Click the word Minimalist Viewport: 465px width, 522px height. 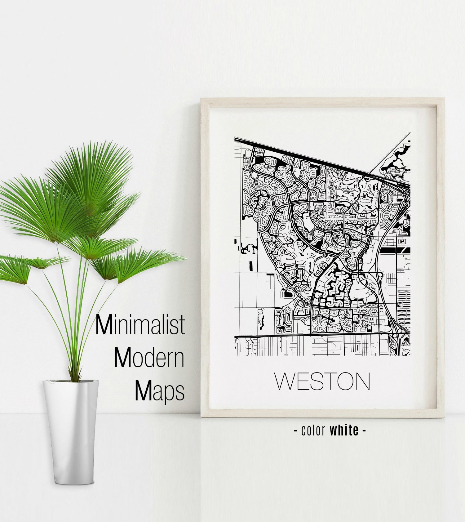tap(140, 324)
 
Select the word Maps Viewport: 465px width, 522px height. tap(159, 391)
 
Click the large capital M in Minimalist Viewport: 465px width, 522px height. tap(104, 325)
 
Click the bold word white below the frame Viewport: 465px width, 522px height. tap(344, 430)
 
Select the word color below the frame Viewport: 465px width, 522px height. tap(313, 430)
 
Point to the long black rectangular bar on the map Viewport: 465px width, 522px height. tap(395, 250)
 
